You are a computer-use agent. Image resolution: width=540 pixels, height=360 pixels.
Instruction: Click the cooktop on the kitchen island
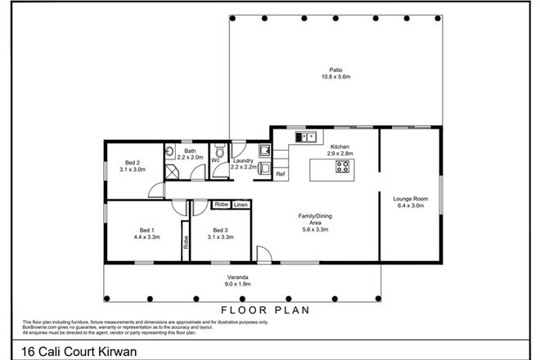(x=343, y=169)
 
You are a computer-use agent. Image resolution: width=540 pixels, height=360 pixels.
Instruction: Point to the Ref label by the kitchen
(x=280, y=175)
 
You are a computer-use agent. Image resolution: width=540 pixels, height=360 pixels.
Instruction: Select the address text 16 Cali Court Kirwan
(x=68, y=349)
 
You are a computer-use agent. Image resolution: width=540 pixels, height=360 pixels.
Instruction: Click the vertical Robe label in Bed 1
(x=186, y=242)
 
